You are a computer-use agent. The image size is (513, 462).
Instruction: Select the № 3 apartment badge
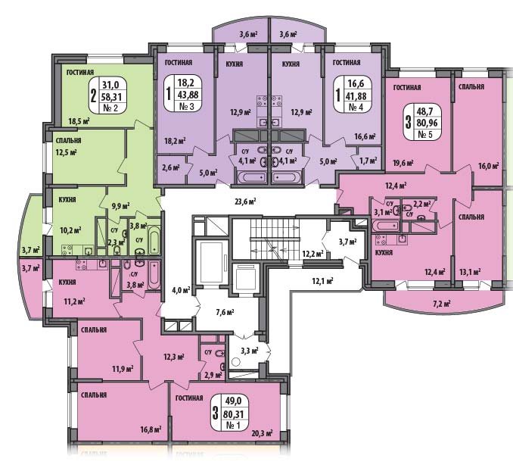(183, 93)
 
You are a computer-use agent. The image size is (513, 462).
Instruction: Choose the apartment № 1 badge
(229, 412)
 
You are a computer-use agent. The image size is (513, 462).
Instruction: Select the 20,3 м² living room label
(263, 433)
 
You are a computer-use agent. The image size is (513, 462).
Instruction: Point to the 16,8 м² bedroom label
(151, 429)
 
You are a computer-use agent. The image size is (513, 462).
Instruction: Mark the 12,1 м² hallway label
(322, 280)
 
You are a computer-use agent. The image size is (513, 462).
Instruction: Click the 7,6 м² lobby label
(225, 312)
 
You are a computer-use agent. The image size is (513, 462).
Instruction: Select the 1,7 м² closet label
(368, 161)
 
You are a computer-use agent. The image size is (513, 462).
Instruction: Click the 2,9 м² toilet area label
(213, 375)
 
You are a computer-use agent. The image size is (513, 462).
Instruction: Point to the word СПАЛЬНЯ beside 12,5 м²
(68, 140)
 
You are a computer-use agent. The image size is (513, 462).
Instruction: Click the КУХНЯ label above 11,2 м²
(67, 282)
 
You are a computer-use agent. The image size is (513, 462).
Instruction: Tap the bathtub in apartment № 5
(386, 225)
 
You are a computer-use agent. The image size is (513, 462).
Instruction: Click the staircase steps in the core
(275, 239)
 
